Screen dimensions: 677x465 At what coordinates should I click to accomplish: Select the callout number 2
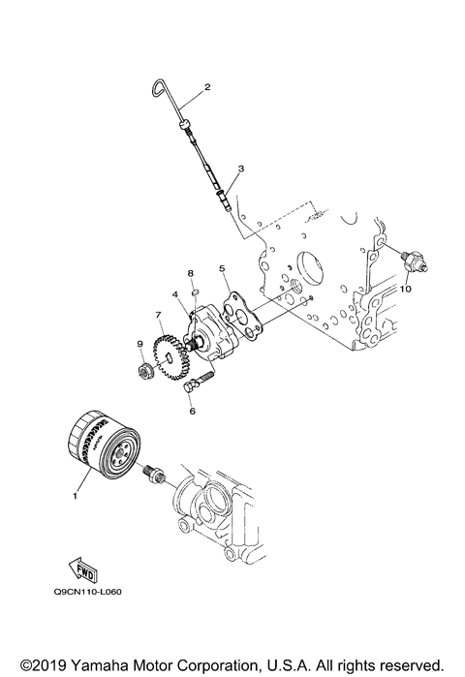(x=206, y=88)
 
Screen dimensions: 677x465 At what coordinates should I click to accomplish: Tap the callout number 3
(x=240, y=169)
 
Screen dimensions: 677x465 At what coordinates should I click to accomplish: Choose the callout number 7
(x=158, y=315)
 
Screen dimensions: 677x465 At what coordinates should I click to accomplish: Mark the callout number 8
(x=191, y=275)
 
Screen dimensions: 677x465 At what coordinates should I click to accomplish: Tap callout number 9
(x=139, y=343)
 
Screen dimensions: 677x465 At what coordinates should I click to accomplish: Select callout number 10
(x=407, y=289)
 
